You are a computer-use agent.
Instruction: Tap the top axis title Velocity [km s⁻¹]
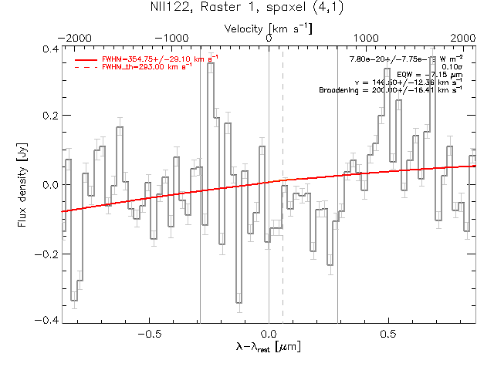(x=269, y=28)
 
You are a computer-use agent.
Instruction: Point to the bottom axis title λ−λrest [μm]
(x=269, y=348)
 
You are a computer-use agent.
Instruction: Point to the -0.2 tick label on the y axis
(x=47, y=253)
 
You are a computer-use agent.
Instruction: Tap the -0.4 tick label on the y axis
(x=47, y=320)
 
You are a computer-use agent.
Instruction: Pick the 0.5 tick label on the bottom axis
(x=388, y=335)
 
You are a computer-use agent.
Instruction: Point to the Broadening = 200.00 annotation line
(x=391, y=90)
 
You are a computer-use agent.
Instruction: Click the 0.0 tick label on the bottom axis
(x=269, y=335)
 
